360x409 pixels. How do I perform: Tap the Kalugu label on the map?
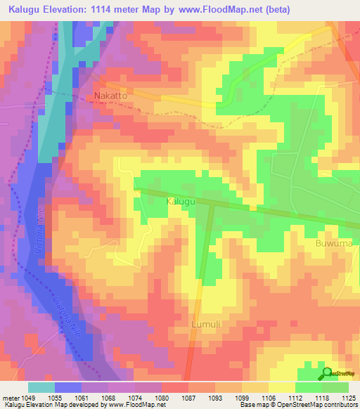coord(180,202)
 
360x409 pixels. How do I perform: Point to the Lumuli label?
coord(205,325)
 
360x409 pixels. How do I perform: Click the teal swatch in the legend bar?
coord(41,387)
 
